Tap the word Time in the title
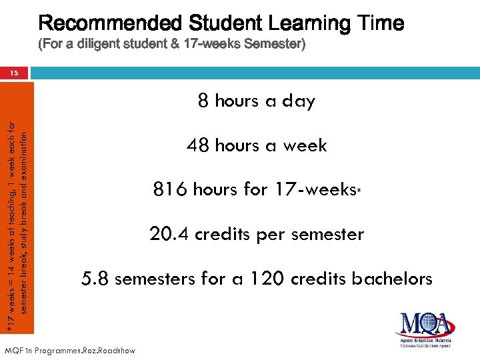click(379, 24)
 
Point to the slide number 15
click(14, 74)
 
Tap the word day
click(299, 101)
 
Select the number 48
click(197, 145)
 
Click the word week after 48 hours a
click(305, 145)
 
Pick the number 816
click(170, 190)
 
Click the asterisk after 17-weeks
click(358, 189)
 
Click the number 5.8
click(94, 279)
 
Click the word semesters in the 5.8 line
click(159, 279)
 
